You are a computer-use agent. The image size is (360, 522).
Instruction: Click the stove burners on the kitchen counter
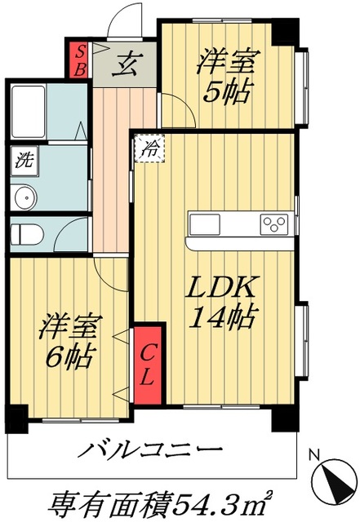pos(272,223)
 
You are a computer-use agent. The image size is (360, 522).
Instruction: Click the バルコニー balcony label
pos(150,449)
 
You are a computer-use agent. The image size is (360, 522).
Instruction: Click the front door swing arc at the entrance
pos(122,20)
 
